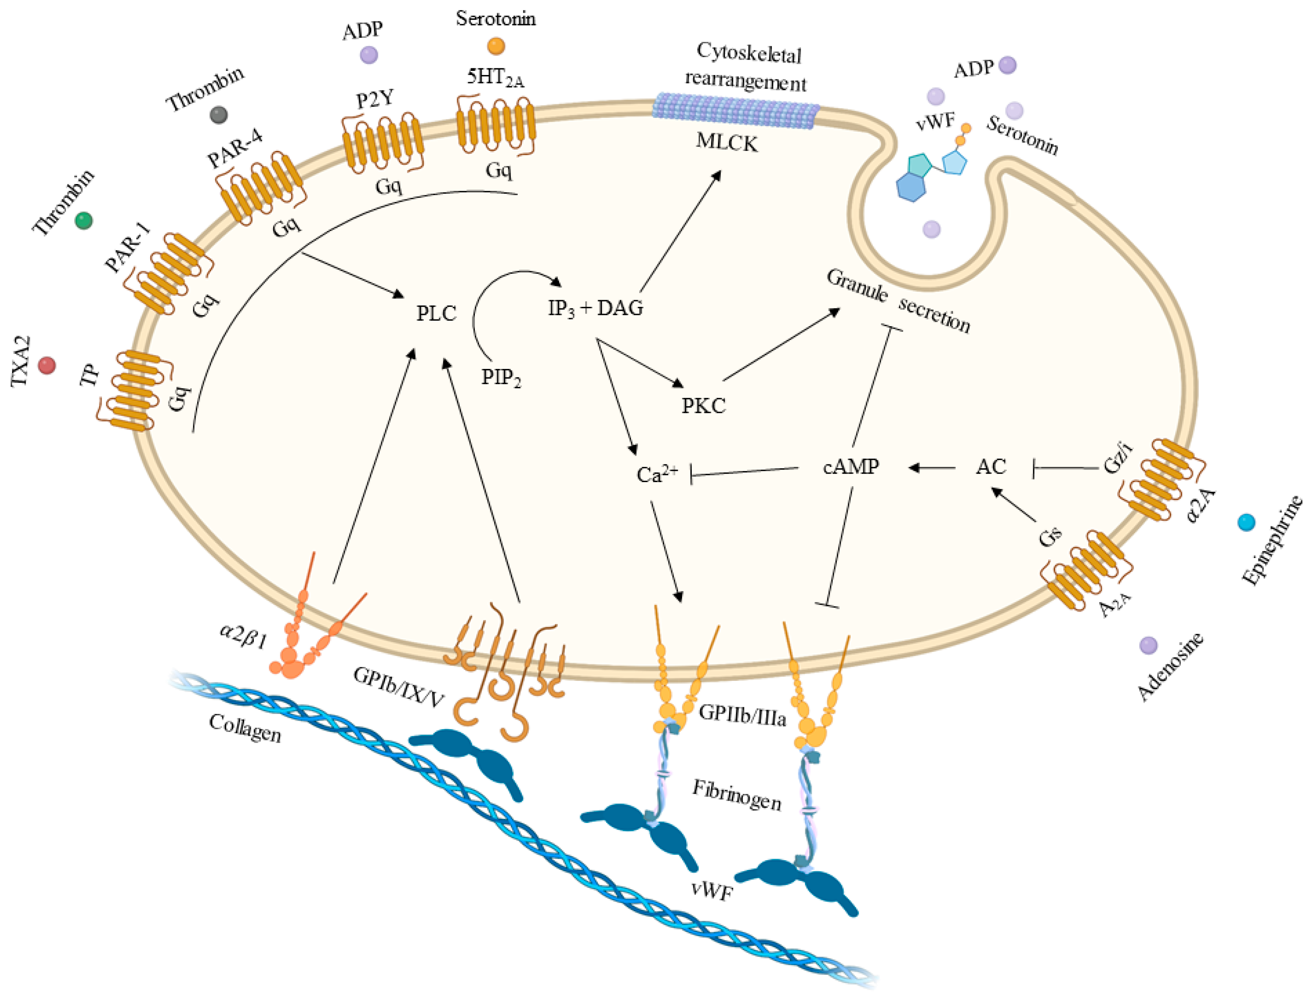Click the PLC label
[436, 314]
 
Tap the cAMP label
[851, 467]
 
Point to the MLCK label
[727, 143]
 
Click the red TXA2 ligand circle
[47, 365]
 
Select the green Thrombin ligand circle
[84, 221]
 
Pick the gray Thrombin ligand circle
[219, 115]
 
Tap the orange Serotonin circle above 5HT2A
[495, 46]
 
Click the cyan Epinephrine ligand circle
[1246, 522]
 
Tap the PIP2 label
[501, 378]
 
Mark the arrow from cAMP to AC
[932, 468]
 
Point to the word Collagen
[245, 728]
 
